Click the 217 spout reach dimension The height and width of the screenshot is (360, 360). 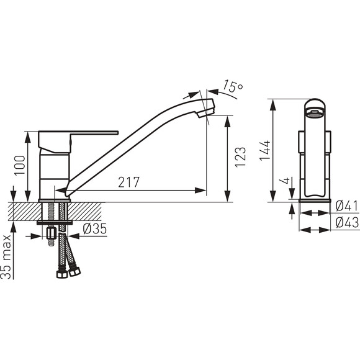tap(129, 182)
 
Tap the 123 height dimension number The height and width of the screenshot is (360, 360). tap(240, 157)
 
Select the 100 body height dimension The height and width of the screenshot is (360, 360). tap(19, 165)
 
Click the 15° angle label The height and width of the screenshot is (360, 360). tap(233, 86)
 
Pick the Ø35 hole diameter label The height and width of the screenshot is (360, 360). tap(95, 228)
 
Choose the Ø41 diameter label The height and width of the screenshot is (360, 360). tap(347, 205)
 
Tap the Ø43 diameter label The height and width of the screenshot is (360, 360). tap(347, 222)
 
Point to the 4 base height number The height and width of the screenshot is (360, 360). tap(284, 181)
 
